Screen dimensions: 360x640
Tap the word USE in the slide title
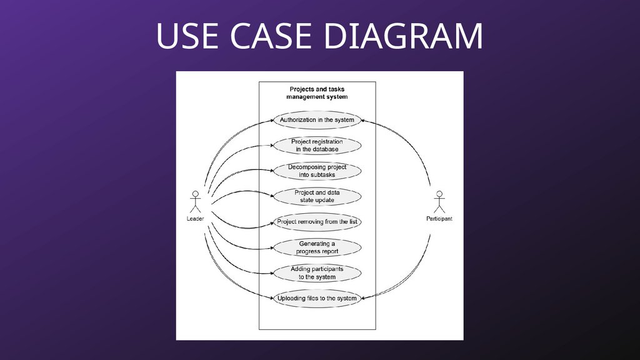tap(187, 37)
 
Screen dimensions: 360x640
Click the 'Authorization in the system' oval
tap(317, 120)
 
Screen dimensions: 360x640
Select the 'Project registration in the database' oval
tap(317, 146)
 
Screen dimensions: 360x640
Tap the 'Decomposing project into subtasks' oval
tap(317, 171)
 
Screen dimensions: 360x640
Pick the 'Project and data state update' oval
tap(317, 196)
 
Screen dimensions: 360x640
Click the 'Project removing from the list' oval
tap(317, 222)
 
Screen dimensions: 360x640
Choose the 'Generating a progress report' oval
tap(317, 247)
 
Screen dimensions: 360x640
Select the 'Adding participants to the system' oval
tap(317, 273)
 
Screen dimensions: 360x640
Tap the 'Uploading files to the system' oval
tap(317, 299)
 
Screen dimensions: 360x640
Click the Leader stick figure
tap(195, 201)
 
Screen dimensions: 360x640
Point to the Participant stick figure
tap(439, 201)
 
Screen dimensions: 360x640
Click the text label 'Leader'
tap(195, 219)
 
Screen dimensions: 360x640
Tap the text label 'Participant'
tap(439, 219)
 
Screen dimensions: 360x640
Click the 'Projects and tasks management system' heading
tap(317, 93)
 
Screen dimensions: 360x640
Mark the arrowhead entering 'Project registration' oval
tap(272, 146)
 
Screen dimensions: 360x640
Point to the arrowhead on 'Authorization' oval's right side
tap(363, 120)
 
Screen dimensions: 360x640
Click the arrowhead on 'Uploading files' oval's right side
tap(363, 299)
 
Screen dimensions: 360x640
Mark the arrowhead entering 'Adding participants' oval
tap(272, 273)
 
